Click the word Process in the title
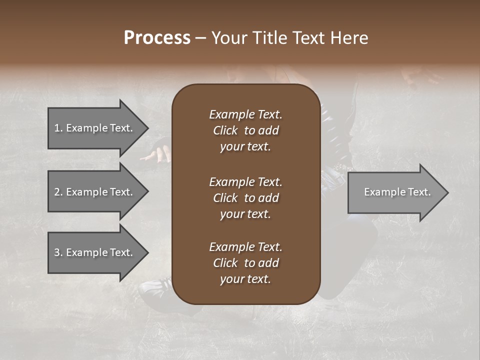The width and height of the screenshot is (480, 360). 157,38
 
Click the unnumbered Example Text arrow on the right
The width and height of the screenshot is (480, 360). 395,192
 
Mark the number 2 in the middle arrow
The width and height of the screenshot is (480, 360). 57,192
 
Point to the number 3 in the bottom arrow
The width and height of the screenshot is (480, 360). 57,252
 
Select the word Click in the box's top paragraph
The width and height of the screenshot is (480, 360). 225,130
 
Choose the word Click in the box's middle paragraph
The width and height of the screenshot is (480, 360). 225,198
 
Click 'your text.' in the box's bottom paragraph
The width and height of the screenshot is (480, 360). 245,279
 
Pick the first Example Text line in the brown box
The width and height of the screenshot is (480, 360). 245,114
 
